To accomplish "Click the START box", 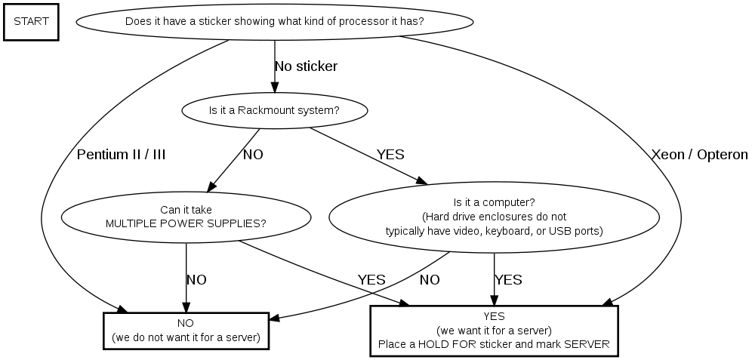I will [31, 21].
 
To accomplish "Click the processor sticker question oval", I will [274, 21].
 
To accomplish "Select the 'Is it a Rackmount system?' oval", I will [274, 110].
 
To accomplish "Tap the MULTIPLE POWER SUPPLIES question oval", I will [186, 217].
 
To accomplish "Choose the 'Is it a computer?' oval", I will [494, 217].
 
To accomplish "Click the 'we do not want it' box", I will [186, 331].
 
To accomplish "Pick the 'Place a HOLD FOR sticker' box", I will [494, 331].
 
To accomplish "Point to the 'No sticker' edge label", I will [306, 66].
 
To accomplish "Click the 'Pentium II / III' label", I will [121, 155].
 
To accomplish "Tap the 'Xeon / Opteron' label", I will [699, 155].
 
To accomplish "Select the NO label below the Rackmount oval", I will [253, 155].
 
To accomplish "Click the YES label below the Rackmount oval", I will [390, 155].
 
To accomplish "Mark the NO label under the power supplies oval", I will [196, 280].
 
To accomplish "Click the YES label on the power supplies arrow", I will [371, 280].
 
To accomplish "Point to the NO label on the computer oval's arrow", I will [430, 280].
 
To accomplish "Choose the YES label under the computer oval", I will [508, 280].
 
